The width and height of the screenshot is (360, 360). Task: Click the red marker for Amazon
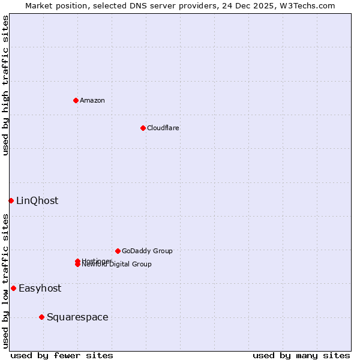point(76,100)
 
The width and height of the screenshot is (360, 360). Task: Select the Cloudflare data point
point(143,128)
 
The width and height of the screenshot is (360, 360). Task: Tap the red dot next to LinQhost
point(11,200)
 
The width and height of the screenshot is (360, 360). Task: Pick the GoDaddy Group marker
point(118,251)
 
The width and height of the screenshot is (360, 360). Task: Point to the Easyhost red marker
point(13,288)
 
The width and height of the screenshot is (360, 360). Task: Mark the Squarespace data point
point(41,317)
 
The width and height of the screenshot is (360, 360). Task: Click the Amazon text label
point(92,100)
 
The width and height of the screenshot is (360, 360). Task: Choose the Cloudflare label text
point(163,128)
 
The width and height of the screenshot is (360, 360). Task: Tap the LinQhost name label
point(37,201)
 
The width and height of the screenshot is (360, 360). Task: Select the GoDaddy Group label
point(147,251)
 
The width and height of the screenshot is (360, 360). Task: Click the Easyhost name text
point(40,289)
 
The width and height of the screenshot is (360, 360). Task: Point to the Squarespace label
point(77,317)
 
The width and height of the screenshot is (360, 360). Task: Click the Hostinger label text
point(96,260)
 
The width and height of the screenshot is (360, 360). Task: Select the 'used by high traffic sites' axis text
point(6,85)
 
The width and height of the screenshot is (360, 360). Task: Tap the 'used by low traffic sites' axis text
point(6,281)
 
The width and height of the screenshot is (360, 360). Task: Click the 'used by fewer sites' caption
point(62,355)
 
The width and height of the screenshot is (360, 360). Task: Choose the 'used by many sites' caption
point(301,355)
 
